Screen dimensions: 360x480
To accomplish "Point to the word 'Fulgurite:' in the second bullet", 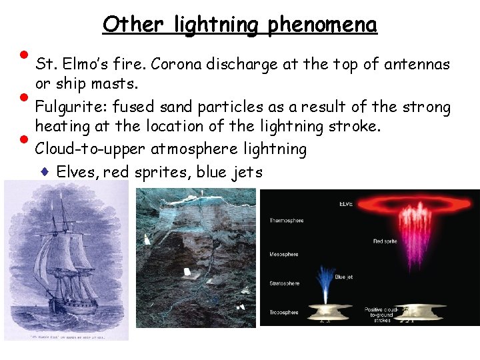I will coord(71,107).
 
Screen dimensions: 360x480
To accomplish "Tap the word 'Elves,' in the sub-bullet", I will coord(78,172).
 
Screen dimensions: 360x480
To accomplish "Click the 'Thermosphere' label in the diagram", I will coord(285,220).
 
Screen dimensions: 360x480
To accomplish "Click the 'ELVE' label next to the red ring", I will coord(346,203).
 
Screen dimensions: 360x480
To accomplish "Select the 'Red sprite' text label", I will coord(385,241).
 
